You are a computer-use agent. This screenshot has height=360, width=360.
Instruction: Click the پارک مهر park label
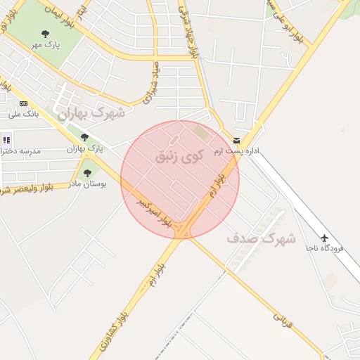(46, 45)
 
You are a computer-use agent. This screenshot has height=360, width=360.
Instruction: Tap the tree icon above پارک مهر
(46, 34)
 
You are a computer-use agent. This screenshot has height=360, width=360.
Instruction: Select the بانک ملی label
(24, 114)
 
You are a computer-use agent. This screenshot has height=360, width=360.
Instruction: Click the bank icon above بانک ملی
(24, 104)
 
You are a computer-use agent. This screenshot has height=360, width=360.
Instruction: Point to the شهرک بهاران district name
(91, 112)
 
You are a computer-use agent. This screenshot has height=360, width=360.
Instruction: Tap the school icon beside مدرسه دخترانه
(6, 140)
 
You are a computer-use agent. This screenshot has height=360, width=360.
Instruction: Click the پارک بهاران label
(85, 149)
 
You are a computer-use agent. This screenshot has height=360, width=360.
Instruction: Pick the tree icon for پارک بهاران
(85, 138)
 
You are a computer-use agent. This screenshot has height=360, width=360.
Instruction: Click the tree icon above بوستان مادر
(88, 173)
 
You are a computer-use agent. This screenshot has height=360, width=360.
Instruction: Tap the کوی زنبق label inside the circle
(179, 155)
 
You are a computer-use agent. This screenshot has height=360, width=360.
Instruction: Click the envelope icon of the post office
(236, 141)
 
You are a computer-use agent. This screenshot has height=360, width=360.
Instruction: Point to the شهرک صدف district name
(261, 239)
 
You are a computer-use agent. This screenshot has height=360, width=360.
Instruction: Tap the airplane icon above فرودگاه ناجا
(324, 237)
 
